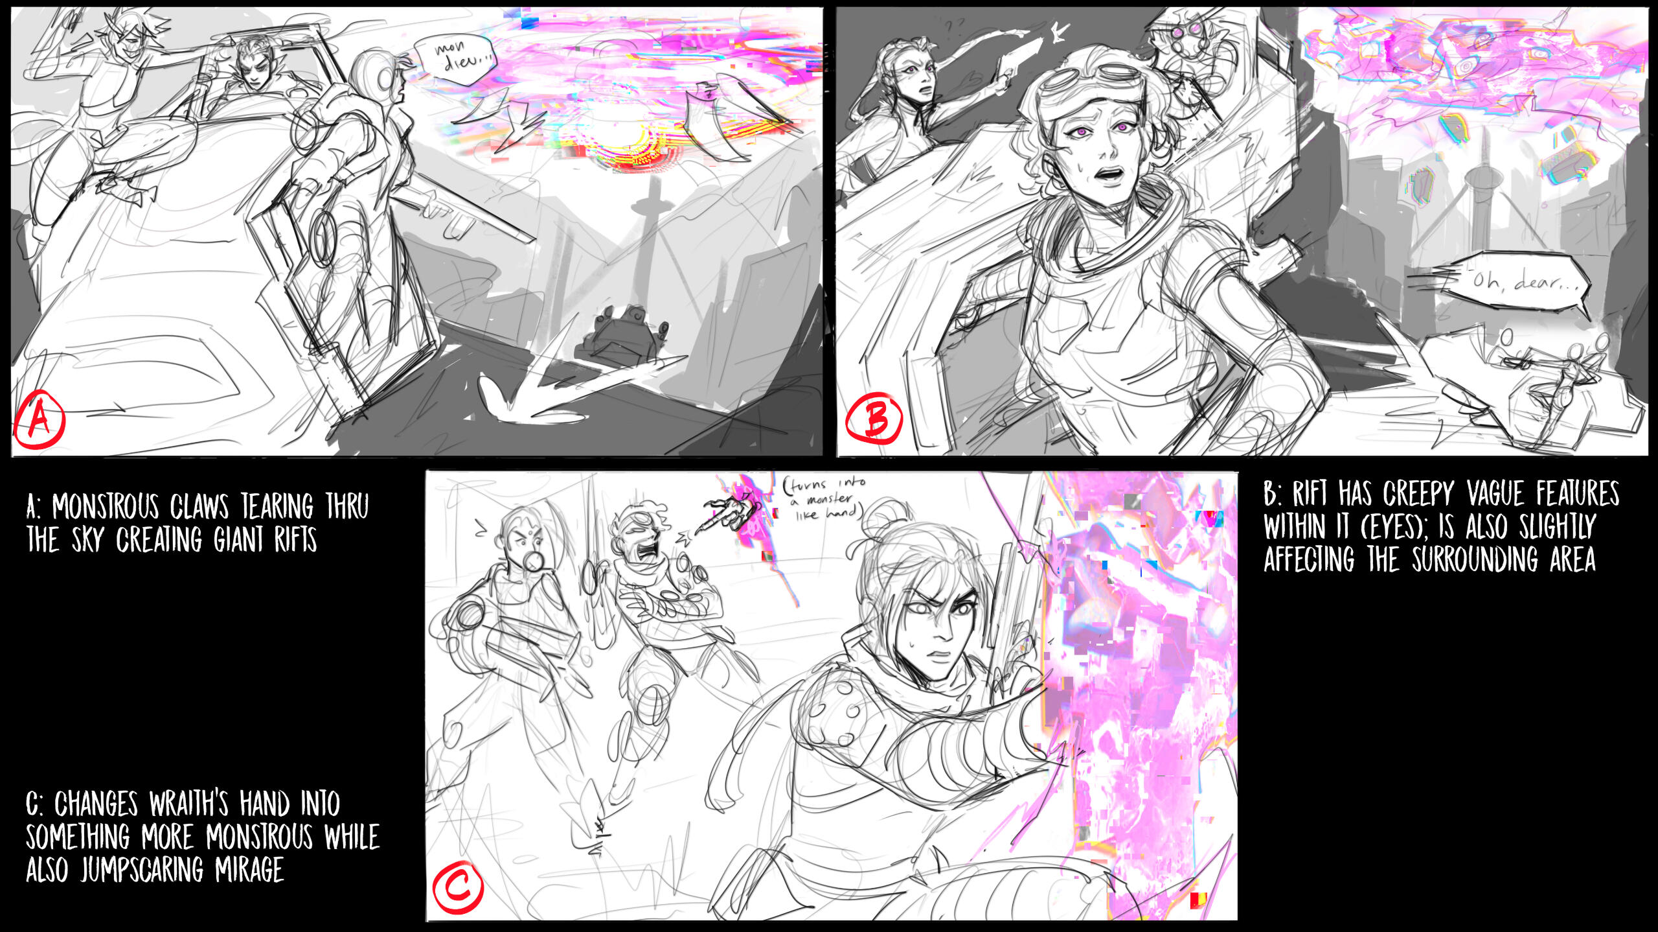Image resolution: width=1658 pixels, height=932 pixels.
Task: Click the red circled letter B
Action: coord(874,419)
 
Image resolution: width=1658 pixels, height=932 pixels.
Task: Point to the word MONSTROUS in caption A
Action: coord(106,507)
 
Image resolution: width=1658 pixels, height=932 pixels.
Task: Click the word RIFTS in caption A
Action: coord(295,540)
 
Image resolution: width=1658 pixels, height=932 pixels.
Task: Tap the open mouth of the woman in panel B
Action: coord(1111,174)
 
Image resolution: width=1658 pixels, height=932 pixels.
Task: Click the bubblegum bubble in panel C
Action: coord(532,561)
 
